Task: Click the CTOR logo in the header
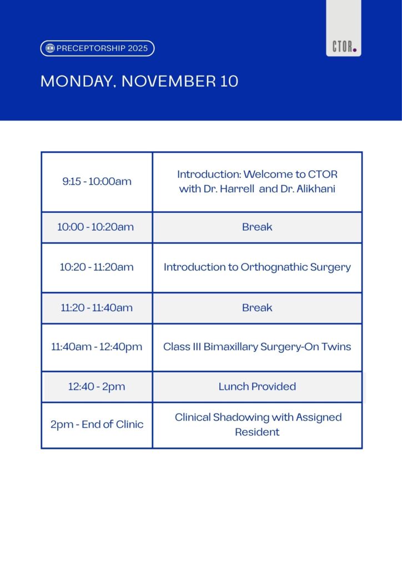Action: (x=344, y=47)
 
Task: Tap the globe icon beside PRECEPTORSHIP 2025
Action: (x=50, y=48)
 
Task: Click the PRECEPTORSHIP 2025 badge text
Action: (x=102, y=48)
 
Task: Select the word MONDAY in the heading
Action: (x=78, y=81)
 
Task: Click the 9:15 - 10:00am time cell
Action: (x=97, y=182)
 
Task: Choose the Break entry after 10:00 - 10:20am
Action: (x=257, y=227)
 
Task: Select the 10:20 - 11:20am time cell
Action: (x=97, y=267)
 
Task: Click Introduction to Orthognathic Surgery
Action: (x=257, y=267)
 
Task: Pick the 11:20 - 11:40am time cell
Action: (x=97, y=308)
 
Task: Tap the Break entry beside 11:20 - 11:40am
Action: (x=257, y=308)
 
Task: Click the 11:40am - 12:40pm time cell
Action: (x=97, y=347)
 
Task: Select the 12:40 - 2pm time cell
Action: (x=97, y=387)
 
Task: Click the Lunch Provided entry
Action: (x=257, y=387)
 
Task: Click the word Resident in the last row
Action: (x=257, y=432)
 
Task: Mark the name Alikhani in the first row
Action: (x=316, y=189)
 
